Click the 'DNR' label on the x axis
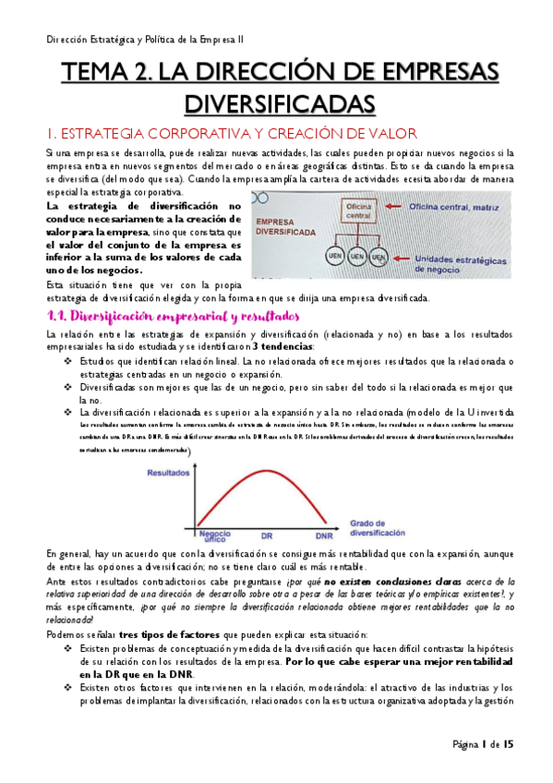pos(324,536)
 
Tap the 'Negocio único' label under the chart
pos(213,536)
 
